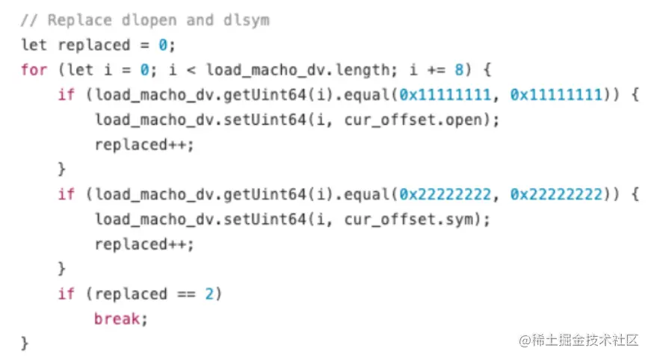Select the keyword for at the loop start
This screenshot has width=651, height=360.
coord(34,70)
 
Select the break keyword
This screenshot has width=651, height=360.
coord(116,319)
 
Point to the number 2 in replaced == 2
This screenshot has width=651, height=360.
coord(209,294)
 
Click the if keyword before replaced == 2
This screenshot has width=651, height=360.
coord(67,294)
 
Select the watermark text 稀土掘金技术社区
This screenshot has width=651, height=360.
coord(579,340)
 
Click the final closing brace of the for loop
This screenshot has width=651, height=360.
coord(25,344)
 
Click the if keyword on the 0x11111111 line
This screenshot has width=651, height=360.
coord(67,95)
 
